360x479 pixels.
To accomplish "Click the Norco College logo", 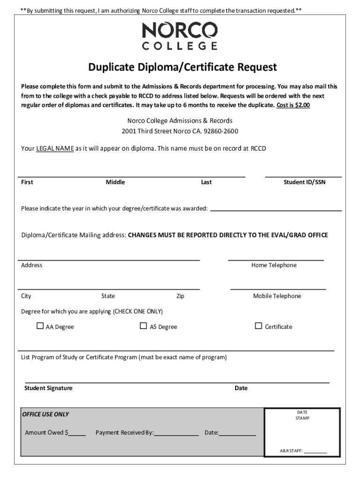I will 180,37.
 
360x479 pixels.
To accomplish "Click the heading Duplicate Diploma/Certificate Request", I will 183,67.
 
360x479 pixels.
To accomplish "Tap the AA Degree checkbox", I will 40,326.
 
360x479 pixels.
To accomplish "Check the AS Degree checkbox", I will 144,326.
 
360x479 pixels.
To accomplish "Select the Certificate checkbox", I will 259,326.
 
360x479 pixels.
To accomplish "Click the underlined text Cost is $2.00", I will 293,105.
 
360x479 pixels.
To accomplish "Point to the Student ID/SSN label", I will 304,182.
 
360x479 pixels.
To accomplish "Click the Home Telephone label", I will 274,265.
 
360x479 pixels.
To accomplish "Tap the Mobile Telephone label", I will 277,296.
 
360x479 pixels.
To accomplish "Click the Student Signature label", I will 48,388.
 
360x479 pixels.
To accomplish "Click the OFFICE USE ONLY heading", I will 45,414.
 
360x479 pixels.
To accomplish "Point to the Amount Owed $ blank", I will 78,433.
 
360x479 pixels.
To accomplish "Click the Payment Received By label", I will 124,433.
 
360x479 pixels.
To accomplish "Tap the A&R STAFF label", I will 291,451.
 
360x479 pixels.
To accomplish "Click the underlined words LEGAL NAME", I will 55,148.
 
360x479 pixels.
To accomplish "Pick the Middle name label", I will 115,182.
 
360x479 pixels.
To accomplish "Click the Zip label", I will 180,296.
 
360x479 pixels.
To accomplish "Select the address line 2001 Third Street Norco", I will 180,131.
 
